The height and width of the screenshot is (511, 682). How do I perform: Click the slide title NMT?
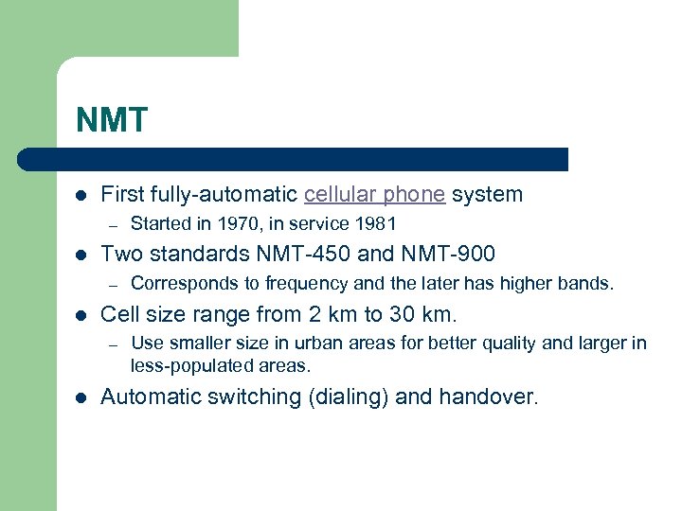point(113,120)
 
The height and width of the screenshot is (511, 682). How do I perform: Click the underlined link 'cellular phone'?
point(374,195)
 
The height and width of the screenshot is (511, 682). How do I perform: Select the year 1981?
point(376,224)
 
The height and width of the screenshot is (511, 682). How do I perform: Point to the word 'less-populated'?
point(187,365)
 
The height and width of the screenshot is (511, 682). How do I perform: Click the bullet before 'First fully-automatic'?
point(81,196)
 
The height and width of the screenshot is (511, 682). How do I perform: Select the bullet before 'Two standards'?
point(81,255)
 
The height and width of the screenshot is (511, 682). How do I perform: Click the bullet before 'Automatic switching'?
point(81,397)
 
